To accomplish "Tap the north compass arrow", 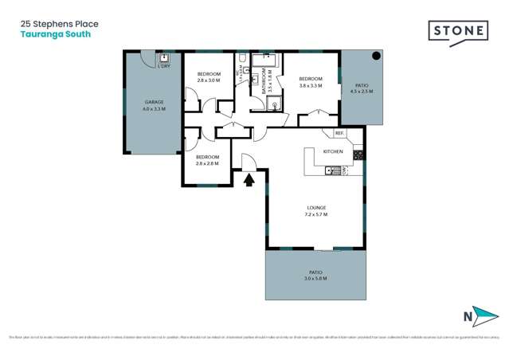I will point(481,316).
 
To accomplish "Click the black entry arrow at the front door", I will point(249,180).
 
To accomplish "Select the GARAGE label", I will point(155,102).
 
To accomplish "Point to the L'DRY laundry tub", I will point(164,57).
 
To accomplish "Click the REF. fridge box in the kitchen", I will point(339,133).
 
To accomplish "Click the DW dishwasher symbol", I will point(344,170).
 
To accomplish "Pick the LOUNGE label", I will point(315,209).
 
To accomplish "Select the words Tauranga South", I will point(55,34).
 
